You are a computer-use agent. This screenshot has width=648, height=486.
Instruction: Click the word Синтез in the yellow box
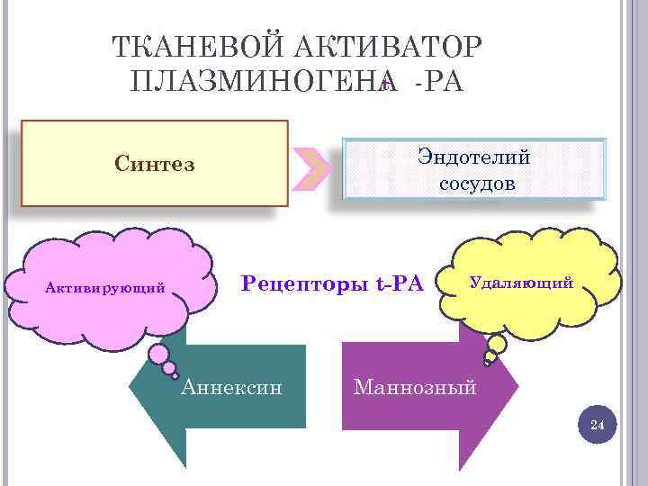click(x=155, y=164)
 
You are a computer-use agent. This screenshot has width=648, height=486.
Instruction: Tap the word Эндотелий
click(x=473, y=157)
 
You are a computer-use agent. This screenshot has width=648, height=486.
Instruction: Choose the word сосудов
click(x=477, y=184)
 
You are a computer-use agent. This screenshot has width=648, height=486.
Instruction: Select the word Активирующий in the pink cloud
click(x=105, y=288)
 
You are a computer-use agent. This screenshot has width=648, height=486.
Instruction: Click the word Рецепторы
click(x=301, y=285)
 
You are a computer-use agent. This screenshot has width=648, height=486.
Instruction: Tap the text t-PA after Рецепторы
click(x=397, y=285)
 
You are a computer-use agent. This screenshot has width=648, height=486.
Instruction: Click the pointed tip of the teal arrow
click(x=132, y=387)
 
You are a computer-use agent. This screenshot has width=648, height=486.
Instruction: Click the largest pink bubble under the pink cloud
click(x=163, y=355)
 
